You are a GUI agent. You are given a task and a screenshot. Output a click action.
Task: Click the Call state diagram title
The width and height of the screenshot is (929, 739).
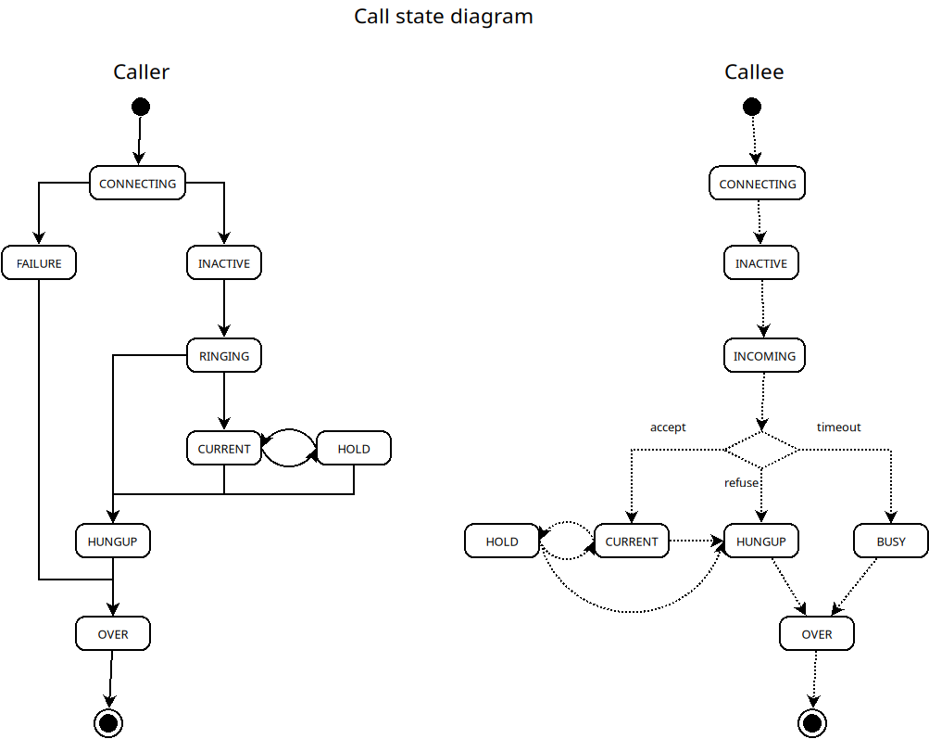point(443,17)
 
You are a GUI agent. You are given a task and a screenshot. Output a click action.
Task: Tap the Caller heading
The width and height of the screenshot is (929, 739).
point(141,71)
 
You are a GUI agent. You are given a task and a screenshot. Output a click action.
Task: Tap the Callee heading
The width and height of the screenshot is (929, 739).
point(754,71)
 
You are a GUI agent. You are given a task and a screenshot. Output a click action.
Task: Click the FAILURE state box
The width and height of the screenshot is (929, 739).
point(39,263)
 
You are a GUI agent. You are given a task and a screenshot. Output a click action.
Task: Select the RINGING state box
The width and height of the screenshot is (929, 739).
point(224,356)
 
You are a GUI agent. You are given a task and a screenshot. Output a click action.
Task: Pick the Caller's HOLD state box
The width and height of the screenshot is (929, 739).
point(354,449)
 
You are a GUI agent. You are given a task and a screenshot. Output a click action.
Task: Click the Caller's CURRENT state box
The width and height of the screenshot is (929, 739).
point(224,449)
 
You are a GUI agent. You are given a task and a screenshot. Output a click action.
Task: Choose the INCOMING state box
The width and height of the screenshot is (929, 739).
point(764,356)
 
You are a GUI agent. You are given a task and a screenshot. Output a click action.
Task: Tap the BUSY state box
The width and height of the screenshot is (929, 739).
point(891,542)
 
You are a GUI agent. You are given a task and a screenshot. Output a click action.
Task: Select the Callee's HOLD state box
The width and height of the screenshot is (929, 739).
point(502,542)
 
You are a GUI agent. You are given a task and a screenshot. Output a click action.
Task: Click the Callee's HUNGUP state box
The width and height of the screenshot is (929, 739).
point(761,542)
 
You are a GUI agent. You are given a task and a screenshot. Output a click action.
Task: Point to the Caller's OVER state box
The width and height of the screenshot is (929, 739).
point(113,634)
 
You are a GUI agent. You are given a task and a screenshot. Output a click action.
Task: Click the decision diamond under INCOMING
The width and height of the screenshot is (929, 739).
point(761,450)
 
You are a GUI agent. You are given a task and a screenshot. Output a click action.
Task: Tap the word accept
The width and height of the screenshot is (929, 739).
point(668,427)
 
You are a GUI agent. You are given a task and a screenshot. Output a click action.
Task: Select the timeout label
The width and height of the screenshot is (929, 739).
point(838,427)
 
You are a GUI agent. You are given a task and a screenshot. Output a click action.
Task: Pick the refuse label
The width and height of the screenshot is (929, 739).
point(741,483)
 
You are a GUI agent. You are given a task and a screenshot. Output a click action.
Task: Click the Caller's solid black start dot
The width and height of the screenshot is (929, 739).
point(141,106)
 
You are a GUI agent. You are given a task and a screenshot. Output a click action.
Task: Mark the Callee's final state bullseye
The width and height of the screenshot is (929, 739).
point(813,722)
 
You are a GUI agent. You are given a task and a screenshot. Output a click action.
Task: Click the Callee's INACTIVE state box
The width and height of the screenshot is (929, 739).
point(761,263)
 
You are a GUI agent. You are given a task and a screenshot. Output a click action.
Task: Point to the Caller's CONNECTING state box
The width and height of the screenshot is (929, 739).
point(137,184)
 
